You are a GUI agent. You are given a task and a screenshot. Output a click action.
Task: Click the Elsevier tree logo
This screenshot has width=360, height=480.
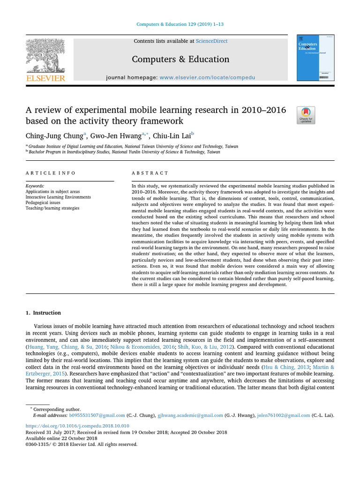[45, 56]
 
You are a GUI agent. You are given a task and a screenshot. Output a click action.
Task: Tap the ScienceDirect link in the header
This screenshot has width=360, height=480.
[211, 41]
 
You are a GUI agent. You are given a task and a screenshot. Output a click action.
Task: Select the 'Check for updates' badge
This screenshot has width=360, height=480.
[306, 115]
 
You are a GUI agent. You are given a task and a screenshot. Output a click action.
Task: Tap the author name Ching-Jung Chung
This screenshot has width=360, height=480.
[54, 136]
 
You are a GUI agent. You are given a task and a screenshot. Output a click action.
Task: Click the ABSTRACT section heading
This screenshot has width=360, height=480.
[150, 173]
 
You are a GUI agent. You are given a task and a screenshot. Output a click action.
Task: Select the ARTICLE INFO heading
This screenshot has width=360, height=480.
[50, 173]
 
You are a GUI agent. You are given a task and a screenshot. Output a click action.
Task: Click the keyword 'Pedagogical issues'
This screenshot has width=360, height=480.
[46, 202]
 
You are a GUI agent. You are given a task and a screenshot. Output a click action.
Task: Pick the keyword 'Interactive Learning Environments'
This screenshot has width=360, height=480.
[58, 197]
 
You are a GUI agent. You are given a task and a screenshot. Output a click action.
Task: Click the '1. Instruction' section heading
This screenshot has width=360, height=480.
[43, 313]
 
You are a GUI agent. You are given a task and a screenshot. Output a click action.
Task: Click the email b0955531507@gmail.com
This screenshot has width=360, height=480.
[97, 415]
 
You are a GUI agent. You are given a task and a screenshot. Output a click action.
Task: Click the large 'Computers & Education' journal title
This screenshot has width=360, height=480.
[180, 59]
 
